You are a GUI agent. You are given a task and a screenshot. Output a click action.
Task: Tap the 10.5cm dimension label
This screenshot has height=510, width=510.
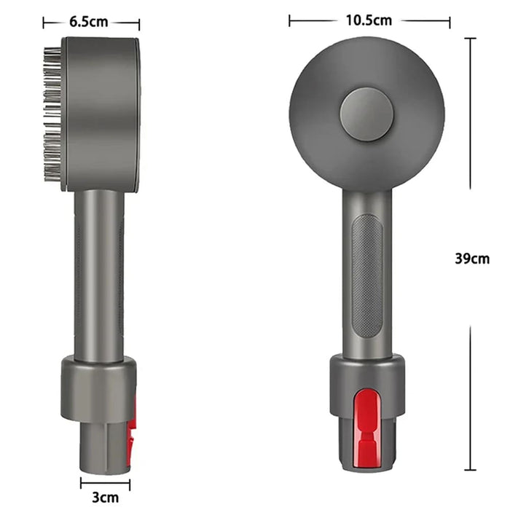[370, 20]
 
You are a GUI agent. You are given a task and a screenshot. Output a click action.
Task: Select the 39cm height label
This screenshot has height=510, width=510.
[471, 258]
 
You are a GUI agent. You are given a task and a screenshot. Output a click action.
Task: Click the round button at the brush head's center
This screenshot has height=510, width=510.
[366, 114]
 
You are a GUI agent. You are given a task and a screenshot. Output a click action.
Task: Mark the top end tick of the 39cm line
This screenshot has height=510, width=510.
[471, 38]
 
